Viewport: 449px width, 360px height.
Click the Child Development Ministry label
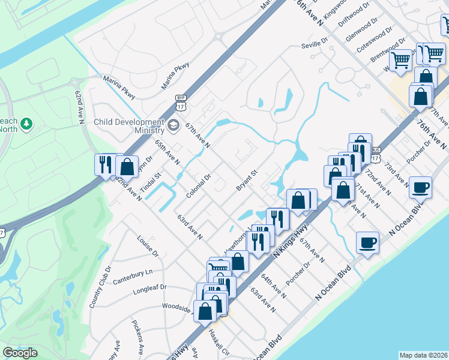coord(129,126)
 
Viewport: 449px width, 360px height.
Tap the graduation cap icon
coord(173,125)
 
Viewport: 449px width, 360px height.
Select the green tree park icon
coord(25,124)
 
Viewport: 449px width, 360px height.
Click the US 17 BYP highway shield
coord(180,103)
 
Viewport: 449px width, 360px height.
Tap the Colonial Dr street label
coord(199,186)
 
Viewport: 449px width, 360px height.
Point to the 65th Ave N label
coord(167,152)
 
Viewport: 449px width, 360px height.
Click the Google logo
coord(20,353)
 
